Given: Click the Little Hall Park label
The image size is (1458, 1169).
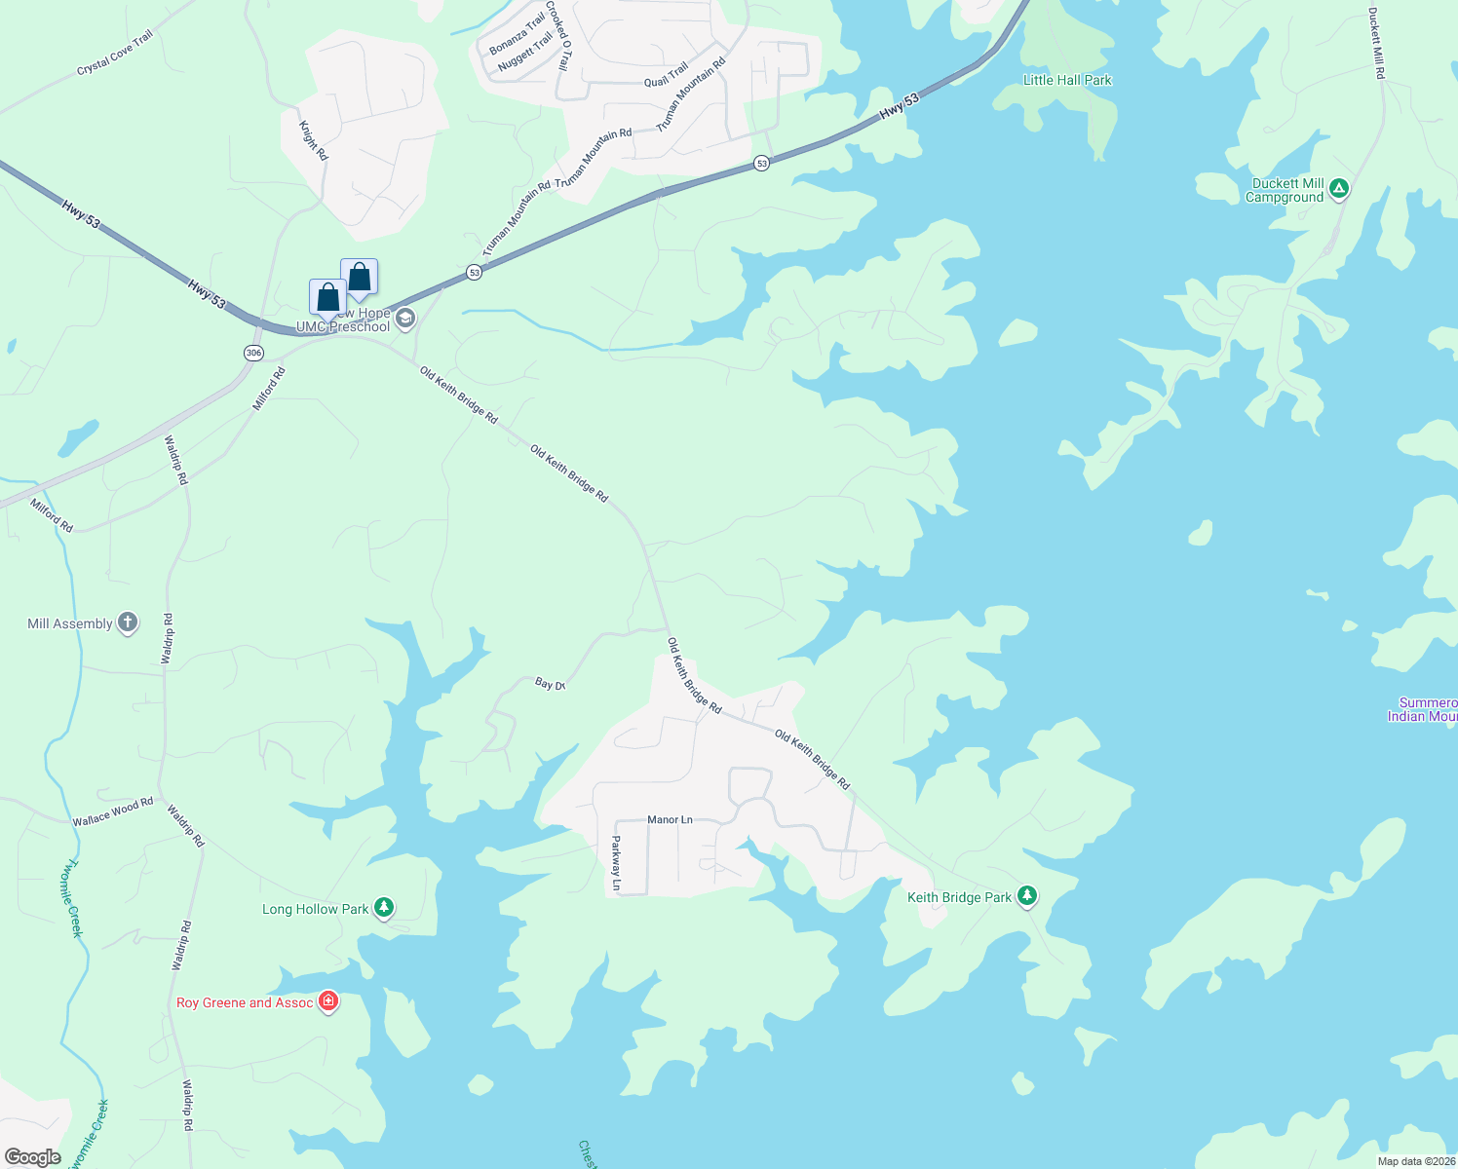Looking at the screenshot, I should [x=1067, y=80].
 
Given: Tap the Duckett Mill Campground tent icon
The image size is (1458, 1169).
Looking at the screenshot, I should [x=1339, y=189].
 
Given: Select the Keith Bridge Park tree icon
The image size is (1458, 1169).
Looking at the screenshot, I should [x=1026, y=896].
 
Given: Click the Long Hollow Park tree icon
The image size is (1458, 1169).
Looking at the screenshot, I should [x=384, y=908].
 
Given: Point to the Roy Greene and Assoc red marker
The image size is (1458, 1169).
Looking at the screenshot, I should [x=328, y=1001].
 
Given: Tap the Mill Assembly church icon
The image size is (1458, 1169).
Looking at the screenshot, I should [x=128, y=622].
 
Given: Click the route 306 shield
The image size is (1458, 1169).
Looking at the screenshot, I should [x=254, y=353].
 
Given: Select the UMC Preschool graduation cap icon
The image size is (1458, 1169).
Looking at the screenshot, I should [x=405, y=319].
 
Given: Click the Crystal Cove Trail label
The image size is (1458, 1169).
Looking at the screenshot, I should [x=115, y=53].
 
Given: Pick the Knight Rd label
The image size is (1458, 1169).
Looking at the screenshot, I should [x=314, y=141].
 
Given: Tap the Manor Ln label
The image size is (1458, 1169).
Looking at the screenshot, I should [x=670, y=819].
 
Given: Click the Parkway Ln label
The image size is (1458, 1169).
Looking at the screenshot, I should [x=616, y=863].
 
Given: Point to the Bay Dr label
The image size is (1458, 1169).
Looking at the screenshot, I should [x=550, y=684].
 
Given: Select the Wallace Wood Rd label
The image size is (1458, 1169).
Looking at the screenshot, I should [x=113, y=812].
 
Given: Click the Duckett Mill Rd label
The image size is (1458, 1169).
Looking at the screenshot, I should [x=1376, y=44].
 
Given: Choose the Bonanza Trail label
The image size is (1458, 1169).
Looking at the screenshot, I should [x=517, y=35].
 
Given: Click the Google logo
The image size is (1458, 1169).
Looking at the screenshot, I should [x=32, y=1157].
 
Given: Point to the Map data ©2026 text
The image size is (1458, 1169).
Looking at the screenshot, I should [x=1415, y=1161].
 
